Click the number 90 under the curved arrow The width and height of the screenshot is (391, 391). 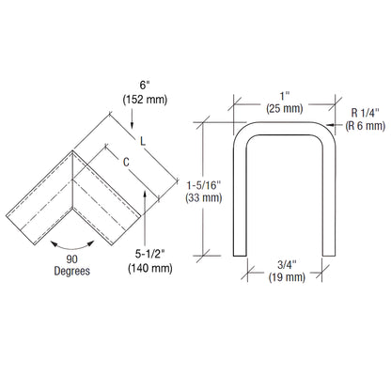72,258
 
